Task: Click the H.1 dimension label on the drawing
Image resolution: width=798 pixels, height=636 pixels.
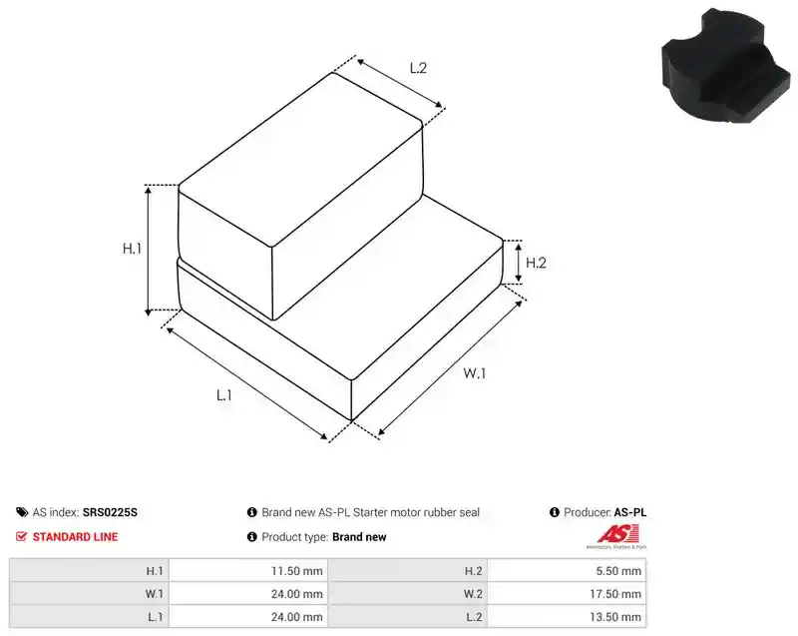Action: point(132,249)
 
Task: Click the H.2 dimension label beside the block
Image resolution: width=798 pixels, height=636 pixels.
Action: point(536,263)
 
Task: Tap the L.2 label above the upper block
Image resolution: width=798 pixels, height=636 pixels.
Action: point(418,68)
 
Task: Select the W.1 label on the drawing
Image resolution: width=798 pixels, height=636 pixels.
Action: point(475,373)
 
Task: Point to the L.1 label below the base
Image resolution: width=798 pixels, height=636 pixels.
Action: point(224,395)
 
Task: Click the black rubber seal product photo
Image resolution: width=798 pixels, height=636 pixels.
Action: point(726,67)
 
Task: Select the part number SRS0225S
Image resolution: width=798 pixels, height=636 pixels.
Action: point(110,512)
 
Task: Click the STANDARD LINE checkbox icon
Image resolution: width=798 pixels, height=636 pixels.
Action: point(21,537)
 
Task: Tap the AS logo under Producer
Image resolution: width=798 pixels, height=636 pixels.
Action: point(616,537)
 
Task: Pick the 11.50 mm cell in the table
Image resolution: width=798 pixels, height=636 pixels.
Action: point(296,571)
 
